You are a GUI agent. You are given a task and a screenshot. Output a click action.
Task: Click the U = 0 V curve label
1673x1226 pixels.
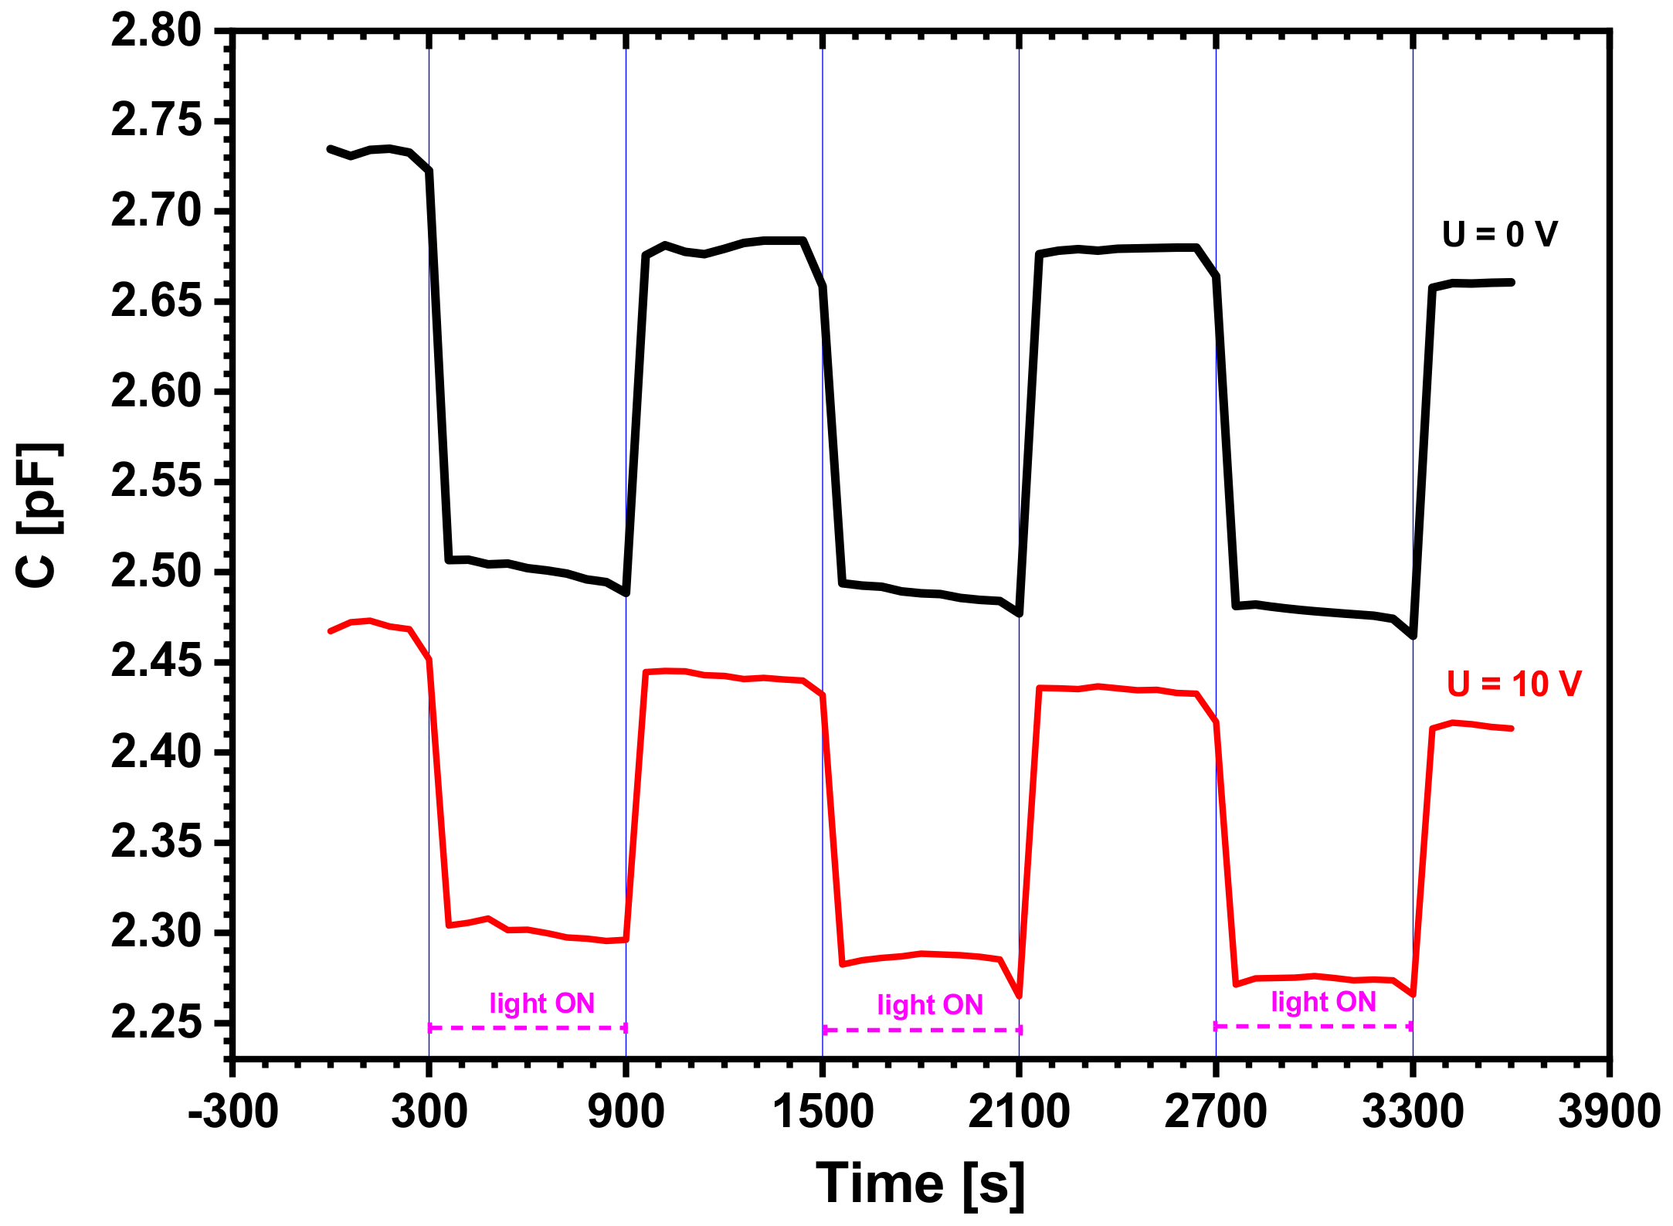(1499, 234)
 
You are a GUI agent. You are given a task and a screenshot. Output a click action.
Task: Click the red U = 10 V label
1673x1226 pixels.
(1514, 684)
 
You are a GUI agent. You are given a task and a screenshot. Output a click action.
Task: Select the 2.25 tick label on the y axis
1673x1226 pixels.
(156, 1023)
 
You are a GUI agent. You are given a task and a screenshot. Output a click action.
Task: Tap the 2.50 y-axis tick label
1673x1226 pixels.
(156, 572)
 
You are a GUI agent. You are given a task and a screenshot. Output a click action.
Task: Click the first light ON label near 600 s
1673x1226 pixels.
(541, 1003)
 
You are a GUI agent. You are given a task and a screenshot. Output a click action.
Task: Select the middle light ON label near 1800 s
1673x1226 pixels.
(930, 1004)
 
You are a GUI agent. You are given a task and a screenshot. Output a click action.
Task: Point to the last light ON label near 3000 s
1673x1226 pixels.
(1323, 1001)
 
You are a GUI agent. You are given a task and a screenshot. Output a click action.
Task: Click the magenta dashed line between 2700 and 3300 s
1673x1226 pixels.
(1313, 1026)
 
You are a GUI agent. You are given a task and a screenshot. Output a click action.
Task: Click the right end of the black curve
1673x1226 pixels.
(1511, 283)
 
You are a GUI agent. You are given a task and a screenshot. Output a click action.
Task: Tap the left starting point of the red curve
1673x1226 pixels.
(331, 631)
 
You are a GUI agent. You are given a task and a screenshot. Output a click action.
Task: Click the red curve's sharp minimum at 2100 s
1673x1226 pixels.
(1020, 996)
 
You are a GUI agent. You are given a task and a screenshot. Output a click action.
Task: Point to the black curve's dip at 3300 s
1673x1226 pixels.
(1413, 636)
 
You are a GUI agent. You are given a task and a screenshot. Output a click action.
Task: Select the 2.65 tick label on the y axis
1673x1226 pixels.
(156, 301)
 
